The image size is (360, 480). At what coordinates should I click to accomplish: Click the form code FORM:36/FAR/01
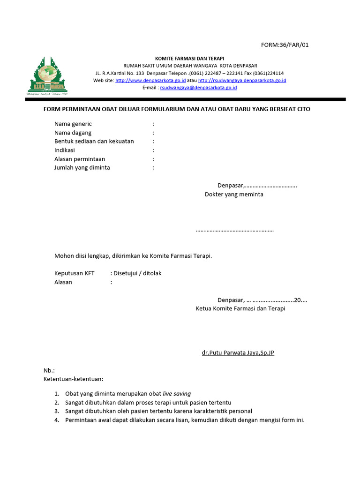285,45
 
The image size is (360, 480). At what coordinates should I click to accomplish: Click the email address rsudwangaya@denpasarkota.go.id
198,88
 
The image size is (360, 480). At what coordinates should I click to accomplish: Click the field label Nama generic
73,124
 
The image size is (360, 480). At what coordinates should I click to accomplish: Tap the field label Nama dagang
73,133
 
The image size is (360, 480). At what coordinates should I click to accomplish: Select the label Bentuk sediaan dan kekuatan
94,142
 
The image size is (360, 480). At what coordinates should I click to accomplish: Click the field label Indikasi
65,150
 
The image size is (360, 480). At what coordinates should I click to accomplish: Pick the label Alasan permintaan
80,159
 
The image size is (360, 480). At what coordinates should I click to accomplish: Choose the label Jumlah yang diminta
82,168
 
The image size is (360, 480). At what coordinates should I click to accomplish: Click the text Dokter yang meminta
234,194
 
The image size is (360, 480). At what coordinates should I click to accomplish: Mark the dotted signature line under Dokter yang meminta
234,231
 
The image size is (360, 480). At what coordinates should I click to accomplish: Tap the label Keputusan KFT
75,273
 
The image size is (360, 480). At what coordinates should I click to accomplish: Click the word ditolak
152,273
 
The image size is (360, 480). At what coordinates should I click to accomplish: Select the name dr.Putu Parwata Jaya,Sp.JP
238,352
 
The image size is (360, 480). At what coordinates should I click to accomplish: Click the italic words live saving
177,394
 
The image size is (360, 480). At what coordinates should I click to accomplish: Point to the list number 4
56,420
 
